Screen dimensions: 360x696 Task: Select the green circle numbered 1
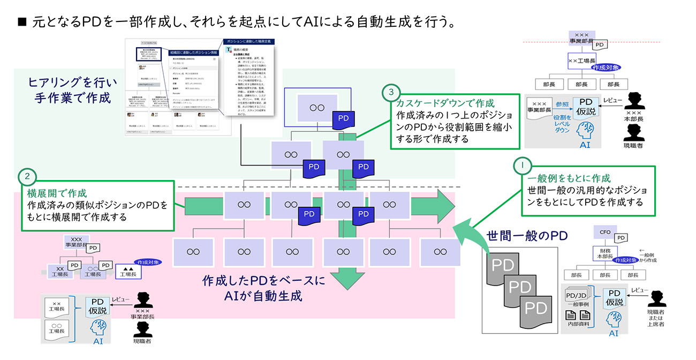pyautogui.click(x=522, y=165)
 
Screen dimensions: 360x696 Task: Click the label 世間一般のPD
pyautogui.click(x=527, y=235)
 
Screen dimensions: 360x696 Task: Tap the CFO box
pyautogui.click(x=605, y=232)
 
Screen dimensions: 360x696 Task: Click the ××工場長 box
pyautogui.click(x=581, y=62)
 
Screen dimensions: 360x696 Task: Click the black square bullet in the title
pyautogui.click(x=22, y=22)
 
